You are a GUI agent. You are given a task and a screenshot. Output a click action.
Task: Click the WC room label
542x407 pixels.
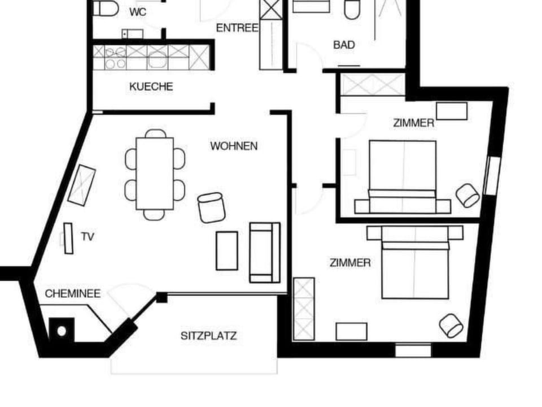(138, 12)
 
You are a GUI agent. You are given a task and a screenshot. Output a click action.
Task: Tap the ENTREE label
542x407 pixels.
(237, 28)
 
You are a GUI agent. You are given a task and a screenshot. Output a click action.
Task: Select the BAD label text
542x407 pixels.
(344, 45)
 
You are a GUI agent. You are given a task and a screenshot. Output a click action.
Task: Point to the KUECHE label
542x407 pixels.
(151, 87)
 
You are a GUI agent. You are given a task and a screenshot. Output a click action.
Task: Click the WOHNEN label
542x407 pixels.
(234, 146)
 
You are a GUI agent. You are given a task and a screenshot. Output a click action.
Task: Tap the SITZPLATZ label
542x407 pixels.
(208, 336)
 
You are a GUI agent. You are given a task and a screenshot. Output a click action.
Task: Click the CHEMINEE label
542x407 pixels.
(72, 294)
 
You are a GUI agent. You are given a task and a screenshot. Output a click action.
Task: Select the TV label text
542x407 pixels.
(87, 237)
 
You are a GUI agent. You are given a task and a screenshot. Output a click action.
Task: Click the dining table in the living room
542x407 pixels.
(155, 174)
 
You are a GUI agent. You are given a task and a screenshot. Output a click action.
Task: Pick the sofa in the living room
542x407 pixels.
(265, 252)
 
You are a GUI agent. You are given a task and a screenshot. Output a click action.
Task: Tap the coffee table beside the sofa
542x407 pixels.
(227, 250)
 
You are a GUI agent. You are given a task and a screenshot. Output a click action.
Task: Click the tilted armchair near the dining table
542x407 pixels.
(212, 207)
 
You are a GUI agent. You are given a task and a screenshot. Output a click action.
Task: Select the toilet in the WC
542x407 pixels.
(105, 8)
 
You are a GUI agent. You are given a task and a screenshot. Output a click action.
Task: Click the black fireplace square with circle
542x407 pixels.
(62, 330)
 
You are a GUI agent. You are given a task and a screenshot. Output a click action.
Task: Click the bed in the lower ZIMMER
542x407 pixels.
(415, 263)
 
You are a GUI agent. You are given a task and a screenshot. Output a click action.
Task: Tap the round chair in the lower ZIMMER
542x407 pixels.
(452, 326)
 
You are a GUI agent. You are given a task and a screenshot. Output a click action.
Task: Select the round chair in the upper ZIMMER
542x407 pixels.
(468, 195)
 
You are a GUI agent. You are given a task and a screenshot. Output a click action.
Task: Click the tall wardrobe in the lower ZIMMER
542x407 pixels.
(304, 309)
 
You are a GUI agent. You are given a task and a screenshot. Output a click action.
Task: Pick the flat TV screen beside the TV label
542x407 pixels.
(68, 238)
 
